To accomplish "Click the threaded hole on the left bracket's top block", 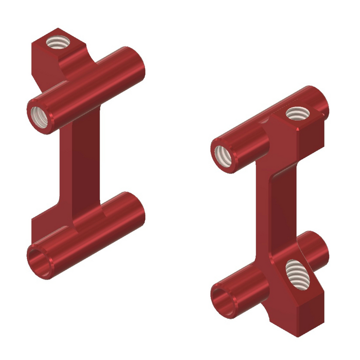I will [58, 42].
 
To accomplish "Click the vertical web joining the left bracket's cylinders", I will [82, 165].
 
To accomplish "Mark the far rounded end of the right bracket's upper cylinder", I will [320, 99].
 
